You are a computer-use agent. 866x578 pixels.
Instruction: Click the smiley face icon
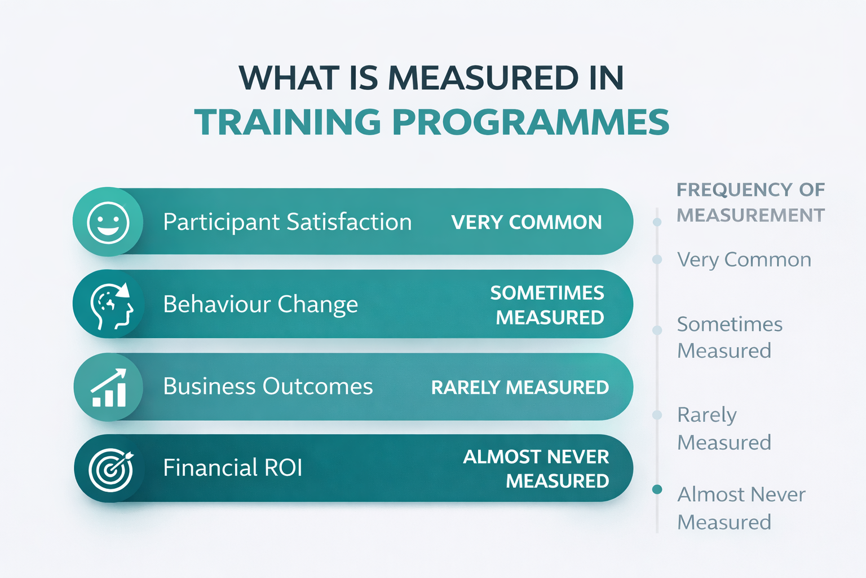pos(108,222)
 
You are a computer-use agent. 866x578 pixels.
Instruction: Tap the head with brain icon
pos(112,305)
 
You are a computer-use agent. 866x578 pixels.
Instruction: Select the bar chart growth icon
pos(109,388)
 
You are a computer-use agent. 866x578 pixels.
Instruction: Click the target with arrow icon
pos(111,469)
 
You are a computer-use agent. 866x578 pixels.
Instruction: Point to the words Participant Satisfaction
pos(287,222)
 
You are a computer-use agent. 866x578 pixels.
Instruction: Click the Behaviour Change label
pos(260,305)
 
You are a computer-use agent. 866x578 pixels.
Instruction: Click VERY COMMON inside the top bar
pos(526,223)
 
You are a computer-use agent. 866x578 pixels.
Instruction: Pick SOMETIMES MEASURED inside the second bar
pos(547,305)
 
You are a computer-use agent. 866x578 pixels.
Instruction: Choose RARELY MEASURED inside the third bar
pos(520,388)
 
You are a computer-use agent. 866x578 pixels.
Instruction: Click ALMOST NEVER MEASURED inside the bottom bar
pos(536,469)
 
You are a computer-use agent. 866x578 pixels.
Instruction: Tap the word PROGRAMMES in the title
pos(531,122)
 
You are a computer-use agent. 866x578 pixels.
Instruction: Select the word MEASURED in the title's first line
pos(483,78)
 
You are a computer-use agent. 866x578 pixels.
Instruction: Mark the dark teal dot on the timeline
pos(657,489)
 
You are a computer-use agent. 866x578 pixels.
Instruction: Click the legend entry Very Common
pos(744,260)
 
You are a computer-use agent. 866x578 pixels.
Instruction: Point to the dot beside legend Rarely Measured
pos(657,415)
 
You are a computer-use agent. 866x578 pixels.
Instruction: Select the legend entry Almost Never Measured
pos(741,508)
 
